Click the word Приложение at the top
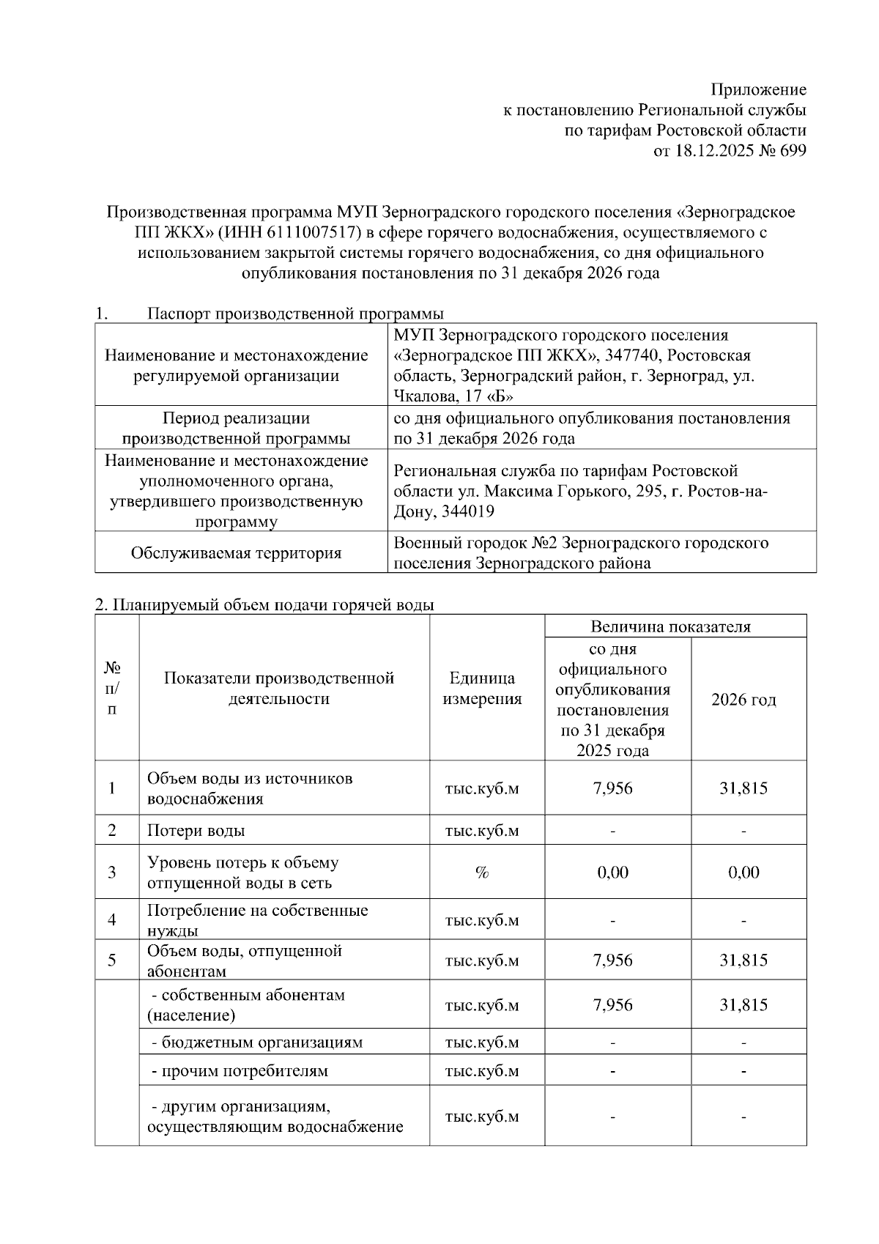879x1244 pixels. pos(759,90)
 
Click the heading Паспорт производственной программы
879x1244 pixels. pos(295,314)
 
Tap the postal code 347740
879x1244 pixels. pos(632,356)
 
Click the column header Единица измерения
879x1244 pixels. pos(482,689)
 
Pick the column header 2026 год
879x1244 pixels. pos(743,700)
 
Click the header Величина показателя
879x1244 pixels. pos(670,626)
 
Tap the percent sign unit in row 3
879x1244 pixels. pos(481,873)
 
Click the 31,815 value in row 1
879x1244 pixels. pos(743,788)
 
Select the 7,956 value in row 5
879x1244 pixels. pos(612,960)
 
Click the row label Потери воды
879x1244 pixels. pos(196,831)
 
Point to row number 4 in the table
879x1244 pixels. pos(112,919)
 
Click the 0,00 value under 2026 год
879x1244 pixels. pos(743,873)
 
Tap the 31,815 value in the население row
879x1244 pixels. pos(743,1005)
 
